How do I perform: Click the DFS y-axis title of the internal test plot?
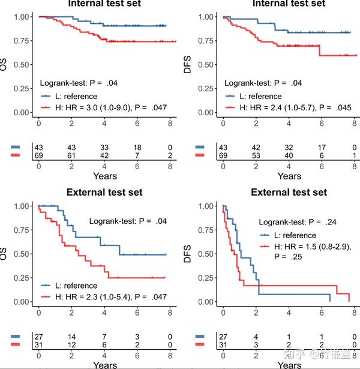pyautogui.click(x=188, y=64)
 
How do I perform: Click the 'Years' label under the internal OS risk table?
pyautogui.click(x=105, y=176)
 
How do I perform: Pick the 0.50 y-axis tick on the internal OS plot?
pyautogui.click(x=21, y=64)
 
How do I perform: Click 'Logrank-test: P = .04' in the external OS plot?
pyautogui.click(x=128, y=221)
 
